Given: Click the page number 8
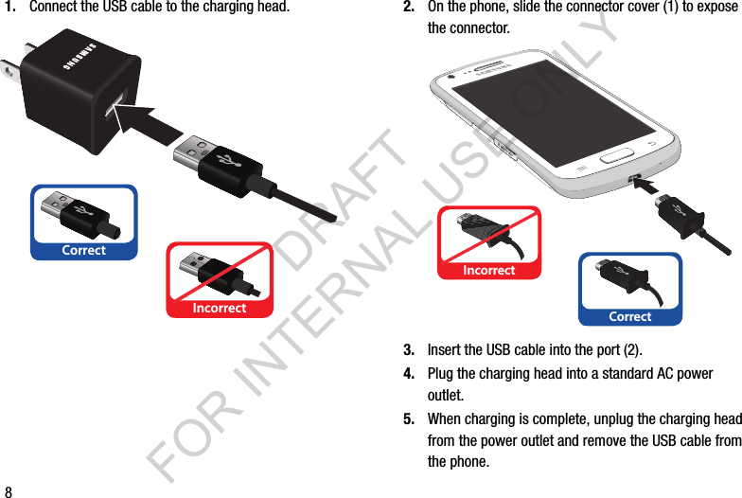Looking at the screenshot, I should (x=9, y=491).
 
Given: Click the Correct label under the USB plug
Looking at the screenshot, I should (x=83, y=251).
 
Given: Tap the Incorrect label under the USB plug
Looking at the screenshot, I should (x=220, y=308).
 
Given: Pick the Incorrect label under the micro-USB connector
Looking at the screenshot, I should (x=488, y=271).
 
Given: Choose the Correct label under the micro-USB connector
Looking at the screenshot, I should (x=630, y=316).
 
